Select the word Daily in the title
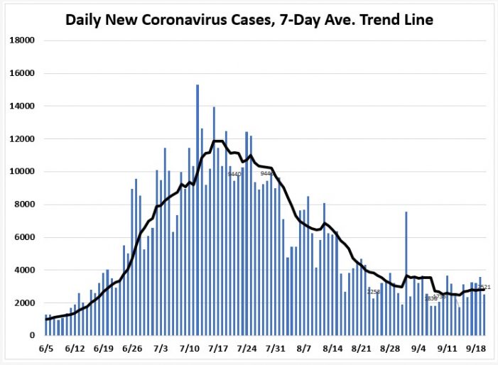pos(85,19)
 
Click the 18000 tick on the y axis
pos(22,40)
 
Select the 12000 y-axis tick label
pos(22,139)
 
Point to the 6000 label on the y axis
pos(25,237)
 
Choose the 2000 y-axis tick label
pos(25,303)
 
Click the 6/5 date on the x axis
pos(48,349)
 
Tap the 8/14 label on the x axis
pos(332,349)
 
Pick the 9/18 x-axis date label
pos(476,349)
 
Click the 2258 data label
pos(374,292)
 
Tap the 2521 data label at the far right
pos(485,287)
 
